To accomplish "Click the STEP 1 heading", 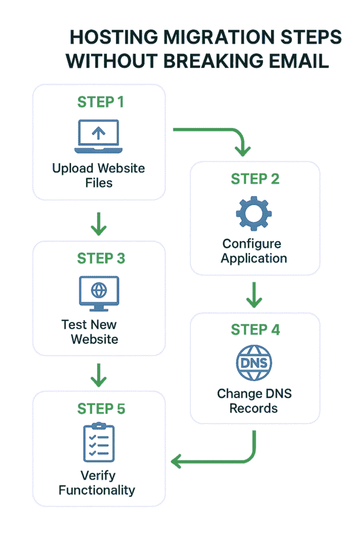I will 101,102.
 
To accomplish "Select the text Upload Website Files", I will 99,176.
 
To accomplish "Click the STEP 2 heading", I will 255,179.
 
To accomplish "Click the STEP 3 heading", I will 101,258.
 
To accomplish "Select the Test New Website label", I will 91,331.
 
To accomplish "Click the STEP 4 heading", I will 255,330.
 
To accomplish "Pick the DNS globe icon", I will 255,364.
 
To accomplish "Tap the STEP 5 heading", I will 101,409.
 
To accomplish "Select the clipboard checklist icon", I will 99,442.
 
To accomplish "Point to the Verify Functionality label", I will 97,482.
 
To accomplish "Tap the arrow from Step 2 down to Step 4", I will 255,295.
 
